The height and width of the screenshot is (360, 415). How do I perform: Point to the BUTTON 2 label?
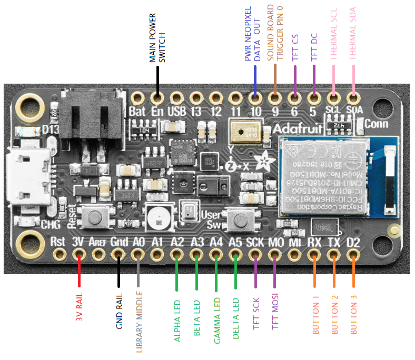[x=334, y=315]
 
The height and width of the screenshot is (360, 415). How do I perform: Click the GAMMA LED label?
[x=216, y=320]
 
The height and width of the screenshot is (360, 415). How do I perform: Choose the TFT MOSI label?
[x=274, y=314]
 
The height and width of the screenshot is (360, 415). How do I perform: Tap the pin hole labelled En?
[x=156, y=98]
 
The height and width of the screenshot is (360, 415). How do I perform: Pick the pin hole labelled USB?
[x=176, y=98]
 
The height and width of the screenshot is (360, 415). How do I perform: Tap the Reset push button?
[x=96, y=217]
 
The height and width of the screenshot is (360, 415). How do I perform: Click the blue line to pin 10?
[x=255, y=79]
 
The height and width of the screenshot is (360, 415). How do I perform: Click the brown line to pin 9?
[x=274, y=79]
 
